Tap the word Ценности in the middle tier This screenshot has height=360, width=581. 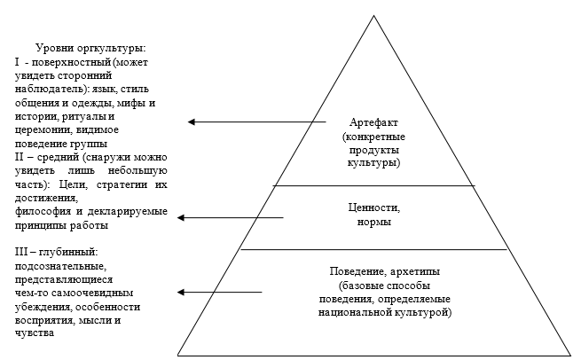(374, 208)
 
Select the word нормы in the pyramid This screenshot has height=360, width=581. (374, 222)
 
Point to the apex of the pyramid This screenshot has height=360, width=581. (378, 15)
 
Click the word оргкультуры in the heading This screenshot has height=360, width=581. (115, 47)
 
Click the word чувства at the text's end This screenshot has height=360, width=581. (35, 333)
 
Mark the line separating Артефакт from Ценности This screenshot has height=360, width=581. (373, 185)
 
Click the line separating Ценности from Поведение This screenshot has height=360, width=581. (373, 250)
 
